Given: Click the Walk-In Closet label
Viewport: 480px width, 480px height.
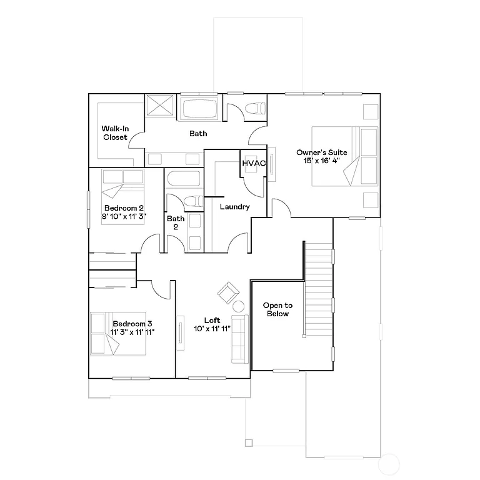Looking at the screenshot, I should [115, 133].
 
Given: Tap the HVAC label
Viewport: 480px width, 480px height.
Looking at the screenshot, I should [254, 164].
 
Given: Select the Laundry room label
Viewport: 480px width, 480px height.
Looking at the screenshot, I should [235, 207].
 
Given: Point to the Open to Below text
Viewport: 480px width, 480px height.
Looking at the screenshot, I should [277, 309].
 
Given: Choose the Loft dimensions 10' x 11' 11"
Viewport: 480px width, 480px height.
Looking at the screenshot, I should [212, 329].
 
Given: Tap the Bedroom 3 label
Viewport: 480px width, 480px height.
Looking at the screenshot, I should [132, 323].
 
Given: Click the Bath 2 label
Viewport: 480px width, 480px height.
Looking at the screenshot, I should [176, 223].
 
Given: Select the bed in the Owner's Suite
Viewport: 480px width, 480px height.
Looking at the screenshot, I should [344, 156].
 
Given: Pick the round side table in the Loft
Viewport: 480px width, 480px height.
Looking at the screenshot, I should [238, 306].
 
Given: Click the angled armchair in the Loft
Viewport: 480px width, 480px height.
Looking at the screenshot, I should [227, 292].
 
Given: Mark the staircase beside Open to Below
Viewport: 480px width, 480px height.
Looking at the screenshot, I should [318, 287].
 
